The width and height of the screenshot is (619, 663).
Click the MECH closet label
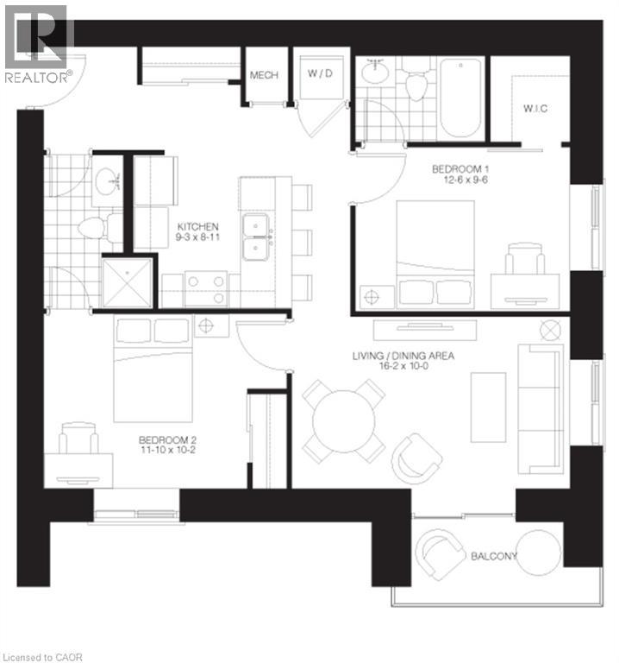pyautogui.click(x=264, y=76)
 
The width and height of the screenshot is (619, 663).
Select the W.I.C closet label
pyautogui.click(x=535, y=108)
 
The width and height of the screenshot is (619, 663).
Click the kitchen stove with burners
pyautogui.click(x=206, y=289)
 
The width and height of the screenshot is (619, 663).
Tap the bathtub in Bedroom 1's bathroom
pyautogui.click(x=460, y=98)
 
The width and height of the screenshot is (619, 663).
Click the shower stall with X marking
pyautogui.click(x=128, y=282)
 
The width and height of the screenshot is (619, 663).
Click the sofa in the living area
pyautogui.click(x=541, y=407)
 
